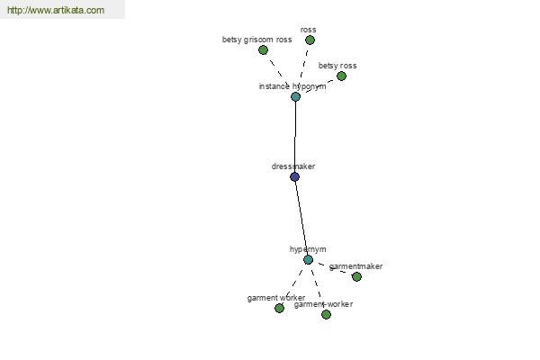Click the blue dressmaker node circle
tap(295, 176)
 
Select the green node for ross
tap(310, 40)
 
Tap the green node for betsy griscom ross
tap(263, 50)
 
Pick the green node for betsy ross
tap(341, 76)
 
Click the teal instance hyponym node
tap(295, 96)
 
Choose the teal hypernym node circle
tap(308, 259)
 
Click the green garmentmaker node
tap(356, 276)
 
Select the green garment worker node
tap(279, 308)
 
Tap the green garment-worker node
tap(326, 314)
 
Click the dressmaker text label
tap(293, 166)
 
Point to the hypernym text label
tap(308, 249)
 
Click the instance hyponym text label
tap(292, 86)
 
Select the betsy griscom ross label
tap(256, 40)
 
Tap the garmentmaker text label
tap(355, 266)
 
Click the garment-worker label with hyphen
tap(323, 304)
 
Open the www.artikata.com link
tap(56, 10)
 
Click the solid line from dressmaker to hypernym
tap(301, 218)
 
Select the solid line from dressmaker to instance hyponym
tap(295, 137)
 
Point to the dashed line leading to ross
tap(304, 64)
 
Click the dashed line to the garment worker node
tap(293, 283)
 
